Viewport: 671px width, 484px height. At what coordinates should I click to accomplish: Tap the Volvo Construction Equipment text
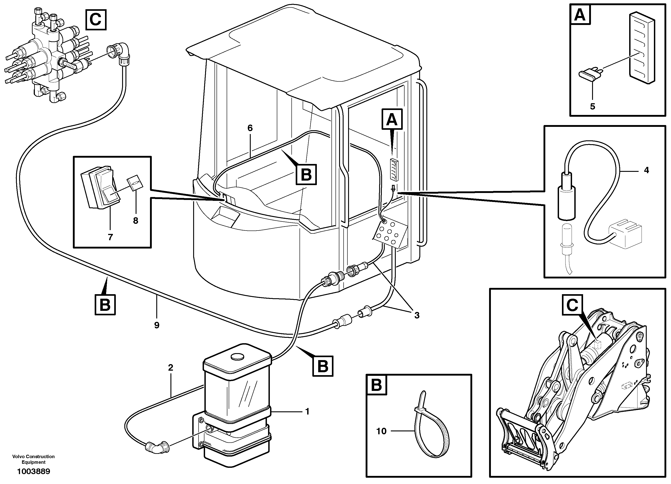click(x=34, y=459)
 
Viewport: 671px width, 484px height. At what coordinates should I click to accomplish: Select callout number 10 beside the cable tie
click(x=381, y=431)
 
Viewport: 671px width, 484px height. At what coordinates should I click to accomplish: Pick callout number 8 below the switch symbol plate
click(x=136, y=220)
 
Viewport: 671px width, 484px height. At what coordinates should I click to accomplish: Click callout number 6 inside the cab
click(x=250, y=128)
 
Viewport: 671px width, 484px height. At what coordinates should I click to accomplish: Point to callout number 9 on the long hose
click(x=157, y=325)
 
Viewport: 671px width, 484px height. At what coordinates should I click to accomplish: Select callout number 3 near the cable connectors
click(x=417, y=315)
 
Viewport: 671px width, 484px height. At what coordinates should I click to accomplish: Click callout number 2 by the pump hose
click(x=170, y=368)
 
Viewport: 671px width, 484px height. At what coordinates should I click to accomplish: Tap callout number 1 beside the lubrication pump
click(x=307, y=412)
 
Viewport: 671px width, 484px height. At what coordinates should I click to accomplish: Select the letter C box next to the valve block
click(x=96, y=20)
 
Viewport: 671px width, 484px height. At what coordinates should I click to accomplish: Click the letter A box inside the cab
click(x=392, y=119)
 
